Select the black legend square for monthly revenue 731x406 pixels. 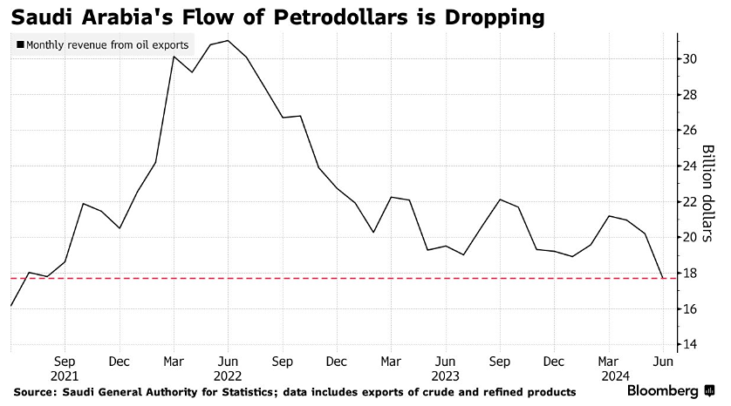[19, 44]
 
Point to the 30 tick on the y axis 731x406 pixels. [689, 59]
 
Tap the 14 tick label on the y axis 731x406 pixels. [689, 345]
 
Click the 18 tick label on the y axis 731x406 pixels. [689, 274]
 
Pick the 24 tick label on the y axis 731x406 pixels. [689, 166]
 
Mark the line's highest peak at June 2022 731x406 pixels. [228, 40]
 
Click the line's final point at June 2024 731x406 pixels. [663, 278]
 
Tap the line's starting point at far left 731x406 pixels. [10, 306]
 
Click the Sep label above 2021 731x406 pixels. [65, 360]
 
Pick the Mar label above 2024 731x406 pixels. [610, 360]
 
